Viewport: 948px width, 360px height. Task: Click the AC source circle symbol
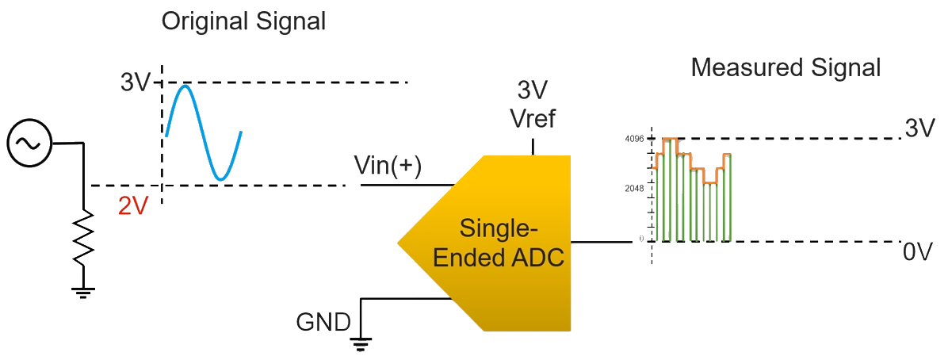[x=29, y=144]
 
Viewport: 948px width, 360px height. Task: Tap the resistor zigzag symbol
[x=83, y=234]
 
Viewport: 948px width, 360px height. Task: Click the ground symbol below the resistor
[x=83, y=293]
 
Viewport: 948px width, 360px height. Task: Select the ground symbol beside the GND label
[x=362, y=343]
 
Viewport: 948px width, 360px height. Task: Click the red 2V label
[x=133, y=206]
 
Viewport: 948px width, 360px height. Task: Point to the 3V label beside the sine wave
[x=136, y=82]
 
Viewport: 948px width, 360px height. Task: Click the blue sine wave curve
[x=202, y=131]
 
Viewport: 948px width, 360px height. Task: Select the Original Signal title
[x=243, y=21]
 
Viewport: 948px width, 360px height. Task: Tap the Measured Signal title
[x=786, y=67]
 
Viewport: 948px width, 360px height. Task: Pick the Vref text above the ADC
[x=533, y=119]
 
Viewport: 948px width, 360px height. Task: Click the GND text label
[x=323, y=322]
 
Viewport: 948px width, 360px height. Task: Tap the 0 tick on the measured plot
[x=641, y=239]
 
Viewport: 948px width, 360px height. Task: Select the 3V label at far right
[x=919, y=128]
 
